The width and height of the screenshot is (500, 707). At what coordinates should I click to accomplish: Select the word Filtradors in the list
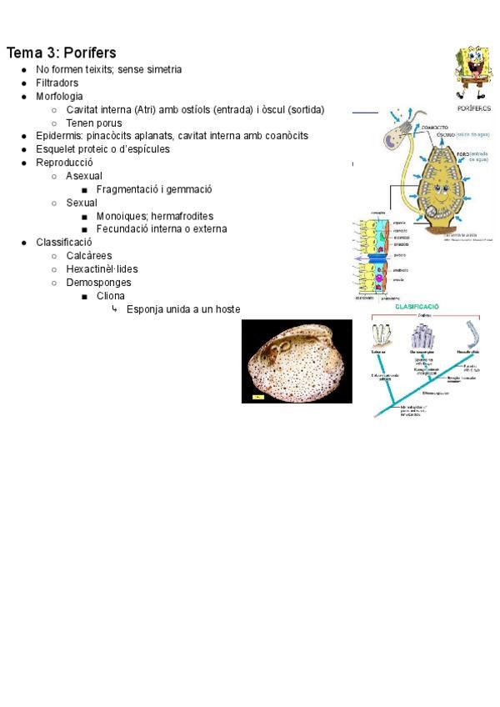pyautogui.click(x=57, y=83)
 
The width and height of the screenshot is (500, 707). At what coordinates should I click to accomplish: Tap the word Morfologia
pyautogui.click(x=59, y=96)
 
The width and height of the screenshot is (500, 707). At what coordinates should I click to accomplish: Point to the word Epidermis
pyautogui.click(x=59, y=136)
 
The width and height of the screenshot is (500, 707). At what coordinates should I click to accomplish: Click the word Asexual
pyautogui.click(x=84, y=176)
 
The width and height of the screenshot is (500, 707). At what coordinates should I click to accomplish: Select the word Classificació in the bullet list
pyautogui.click(x=63, y=243)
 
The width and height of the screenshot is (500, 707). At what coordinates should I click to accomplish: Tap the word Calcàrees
pyautogui.click(x=89, y=256)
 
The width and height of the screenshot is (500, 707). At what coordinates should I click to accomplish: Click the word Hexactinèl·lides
pyautogui.click(x=102, y=269)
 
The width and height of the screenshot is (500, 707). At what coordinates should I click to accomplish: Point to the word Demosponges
pyautogui.click(x=99, y=283)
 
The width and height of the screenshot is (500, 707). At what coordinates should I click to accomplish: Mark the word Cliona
pyautogui.click(x=111, y=296)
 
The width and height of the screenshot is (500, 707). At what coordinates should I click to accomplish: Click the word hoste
pyautogui.click(x=227, y=309)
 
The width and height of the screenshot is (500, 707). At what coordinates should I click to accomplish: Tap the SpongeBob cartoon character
pyautogui.click(x=472, y=73)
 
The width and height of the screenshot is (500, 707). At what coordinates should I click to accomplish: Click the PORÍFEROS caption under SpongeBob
pyautogui.click(x=473, y=108)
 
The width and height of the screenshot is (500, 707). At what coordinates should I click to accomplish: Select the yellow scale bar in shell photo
pyautogui.click(x=258, y=397)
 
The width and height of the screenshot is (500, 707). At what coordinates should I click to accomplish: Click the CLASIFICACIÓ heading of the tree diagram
pyautogui.click(x=417, y=307)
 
